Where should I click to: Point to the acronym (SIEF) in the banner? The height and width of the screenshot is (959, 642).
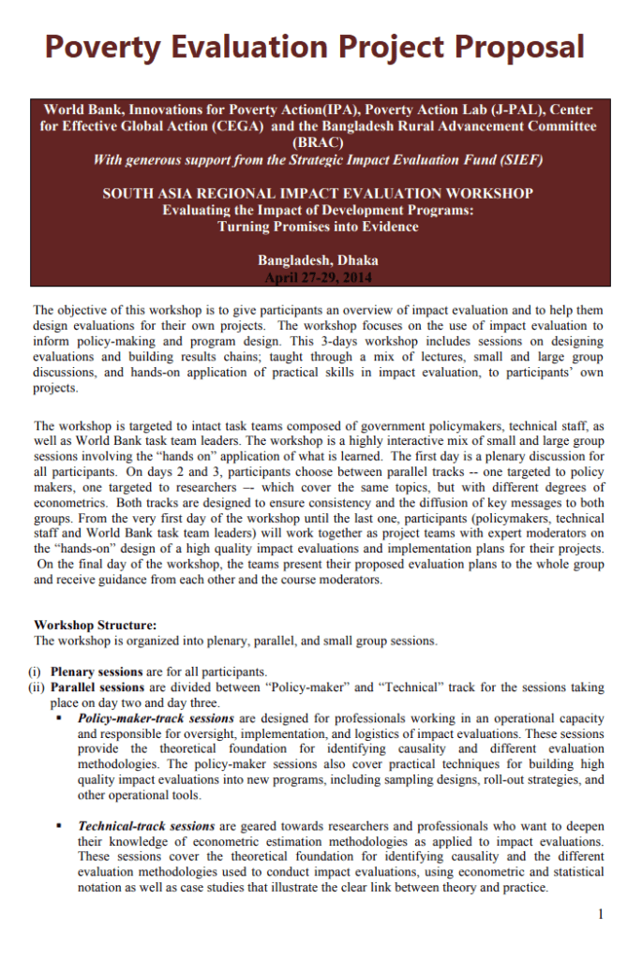pos(518,160)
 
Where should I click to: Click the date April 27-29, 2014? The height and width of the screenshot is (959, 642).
pos(318,277)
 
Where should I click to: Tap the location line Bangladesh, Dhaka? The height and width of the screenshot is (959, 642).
pos(318,260)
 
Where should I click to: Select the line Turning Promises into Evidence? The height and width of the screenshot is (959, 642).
pos(318,227)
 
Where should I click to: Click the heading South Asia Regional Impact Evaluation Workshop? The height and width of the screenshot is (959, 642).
pos(318,193)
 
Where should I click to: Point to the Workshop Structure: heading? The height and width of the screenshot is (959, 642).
pos(96,625)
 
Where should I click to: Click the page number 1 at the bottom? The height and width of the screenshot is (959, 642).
pos(600,914)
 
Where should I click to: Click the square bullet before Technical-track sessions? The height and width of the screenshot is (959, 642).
pos(58,826)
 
